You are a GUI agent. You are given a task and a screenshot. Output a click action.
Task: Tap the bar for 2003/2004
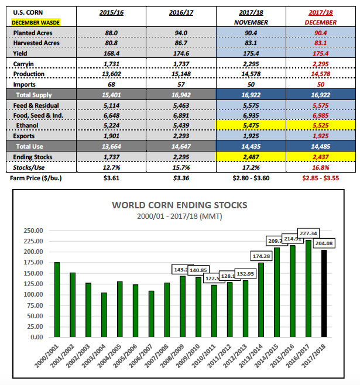click(104, 315)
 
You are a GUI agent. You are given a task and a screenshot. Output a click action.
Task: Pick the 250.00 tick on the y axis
click(33, 230)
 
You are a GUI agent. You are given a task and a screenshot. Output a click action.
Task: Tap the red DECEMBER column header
click(320, 22)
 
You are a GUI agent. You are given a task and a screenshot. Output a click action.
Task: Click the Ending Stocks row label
click(33, 157)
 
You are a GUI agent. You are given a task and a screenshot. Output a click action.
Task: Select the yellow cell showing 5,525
click(320, 125)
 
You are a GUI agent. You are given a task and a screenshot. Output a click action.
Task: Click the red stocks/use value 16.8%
click(320, 167)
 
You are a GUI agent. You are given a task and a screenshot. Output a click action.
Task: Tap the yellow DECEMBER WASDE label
click(36, 22)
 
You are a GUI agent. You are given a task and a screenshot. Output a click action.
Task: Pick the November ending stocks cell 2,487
click(250, 157)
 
